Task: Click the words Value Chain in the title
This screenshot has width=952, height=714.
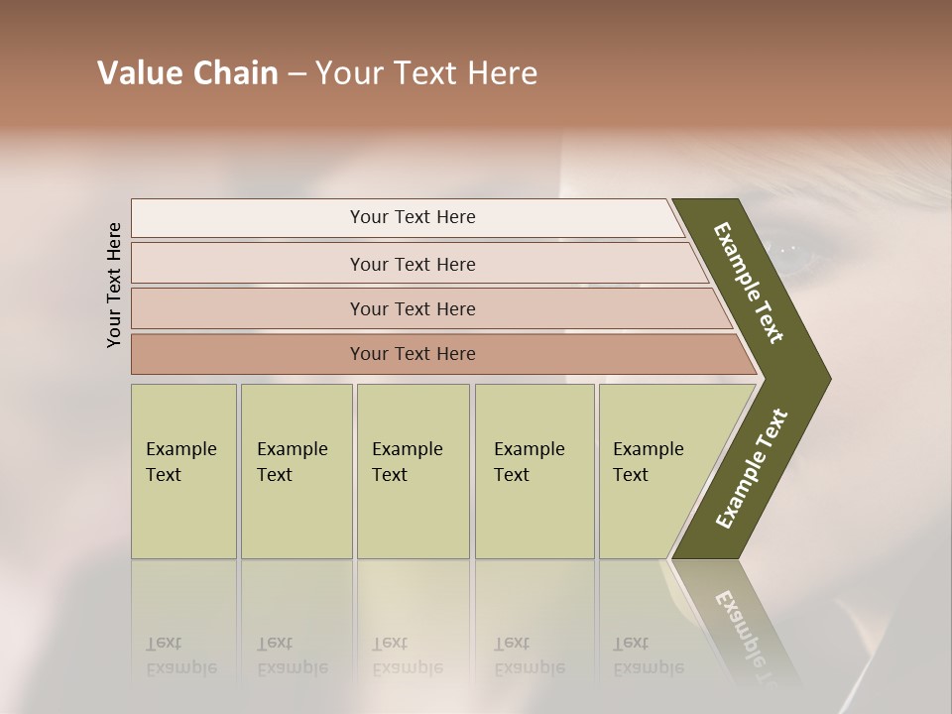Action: coord(187,73)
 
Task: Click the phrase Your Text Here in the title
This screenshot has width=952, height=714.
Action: coord(426,73)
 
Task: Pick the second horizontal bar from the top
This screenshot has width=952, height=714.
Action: coord(413,264)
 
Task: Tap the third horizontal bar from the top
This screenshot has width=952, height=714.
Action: coord(413,308)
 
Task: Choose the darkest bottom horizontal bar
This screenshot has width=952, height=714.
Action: coord(413,354)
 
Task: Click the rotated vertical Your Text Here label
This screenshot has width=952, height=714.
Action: coord(114,285)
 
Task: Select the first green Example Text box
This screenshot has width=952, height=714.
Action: coord(183,471)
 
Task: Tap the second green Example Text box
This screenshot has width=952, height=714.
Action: coord(297,471)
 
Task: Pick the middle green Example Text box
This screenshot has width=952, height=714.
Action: coord(413,471)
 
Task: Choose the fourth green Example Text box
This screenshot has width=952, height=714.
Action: coord(535,471)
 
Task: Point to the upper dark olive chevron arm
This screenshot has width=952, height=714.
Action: coord(750,283)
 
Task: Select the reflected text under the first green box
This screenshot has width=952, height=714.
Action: coord(180,655)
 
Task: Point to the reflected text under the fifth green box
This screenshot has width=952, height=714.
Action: coord(649,655)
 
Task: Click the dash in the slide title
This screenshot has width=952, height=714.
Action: coord(297,74)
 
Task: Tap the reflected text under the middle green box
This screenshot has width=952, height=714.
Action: coord(407,655)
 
